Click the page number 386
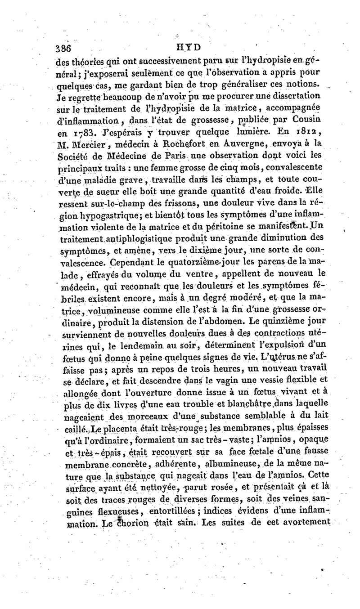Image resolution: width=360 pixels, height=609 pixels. (x=63, y=47)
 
